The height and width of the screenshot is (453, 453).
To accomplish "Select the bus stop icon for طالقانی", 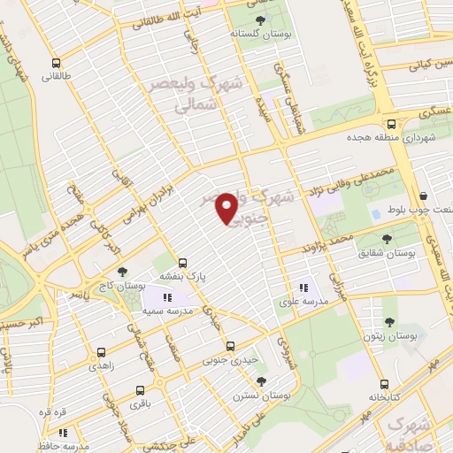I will (x=57, y=63).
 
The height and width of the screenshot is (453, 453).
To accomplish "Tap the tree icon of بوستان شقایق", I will (x=387, y=238).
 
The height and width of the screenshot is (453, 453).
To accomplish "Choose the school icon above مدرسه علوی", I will (x=304, y=287).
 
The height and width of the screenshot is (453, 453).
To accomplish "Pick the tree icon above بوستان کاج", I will (x=122, y=272).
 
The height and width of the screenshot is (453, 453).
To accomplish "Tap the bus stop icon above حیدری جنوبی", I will (x=230, y=346).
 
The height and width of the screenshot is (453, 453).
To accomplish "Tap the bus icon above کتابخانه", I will (x=384, y=384).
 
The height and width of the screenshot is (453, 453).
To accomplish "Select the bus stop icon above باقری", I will (x=140, y=389).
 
